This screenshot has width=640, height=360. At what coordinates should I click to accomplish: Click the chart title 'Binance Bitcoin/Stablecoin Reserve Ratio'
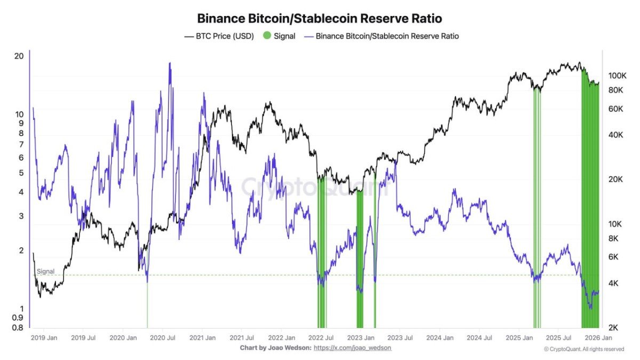pos(319,18)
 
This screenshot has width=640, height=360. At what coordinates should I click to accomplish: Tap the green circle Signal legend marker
pos(267,36)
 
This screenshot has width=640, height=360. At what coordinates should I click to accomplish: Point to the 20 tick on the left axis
pos(19,57)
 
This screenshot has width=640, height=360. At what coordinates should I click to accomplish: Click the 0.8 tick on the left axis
pos(17,327)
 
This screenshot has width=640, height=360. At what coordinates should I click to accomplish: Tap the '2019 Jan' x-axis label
pos(44,338)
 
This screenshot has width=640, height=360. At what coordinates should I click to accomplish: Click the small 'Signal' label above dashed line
pos(45,271)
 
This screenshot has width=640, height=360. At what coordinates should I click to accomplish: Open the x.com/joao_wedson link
pos(352,348)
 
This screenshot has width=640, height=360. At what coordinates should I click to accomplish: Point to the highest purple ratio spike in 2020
pos(170,64)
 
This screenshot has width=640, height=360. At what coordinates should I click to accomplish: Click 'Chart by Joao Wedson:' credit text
pos(275,348)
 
